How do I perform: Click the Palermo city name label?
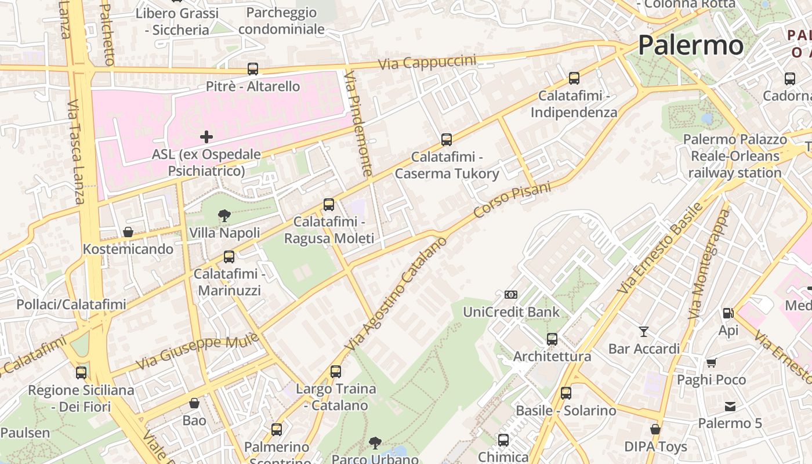pos(690,45)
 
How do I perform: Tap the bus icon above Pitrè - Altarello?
pos(253,69)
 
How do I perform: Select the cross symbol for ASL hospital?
pos(206,137)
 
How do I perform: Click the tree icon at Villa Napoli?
pos(224,216)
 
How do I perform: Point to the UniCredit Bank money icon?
pos(511,295)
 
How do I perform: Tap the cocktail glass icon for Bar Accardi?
pos(644,332)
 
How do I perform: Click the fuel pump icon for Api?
pos(728,313)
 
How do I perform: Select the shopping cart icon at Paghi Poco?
pos(712,362)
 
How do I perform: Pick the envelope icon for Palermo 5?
pos(730,407)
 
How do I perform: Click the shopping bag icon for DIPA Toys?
pos(655,430)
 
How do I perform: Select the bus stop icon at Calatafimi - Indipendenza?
pos(574,78)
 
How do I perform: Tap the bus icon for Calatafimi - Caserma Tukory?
pos(447,140)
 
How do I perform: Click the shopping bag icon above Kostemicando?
pos(128,232)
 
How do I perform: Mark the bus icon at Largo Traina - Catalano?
pos(336,372)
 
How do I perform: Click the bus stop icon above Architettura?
pos(552,339)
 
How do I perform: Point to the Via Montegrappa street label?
pos(709,264)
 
